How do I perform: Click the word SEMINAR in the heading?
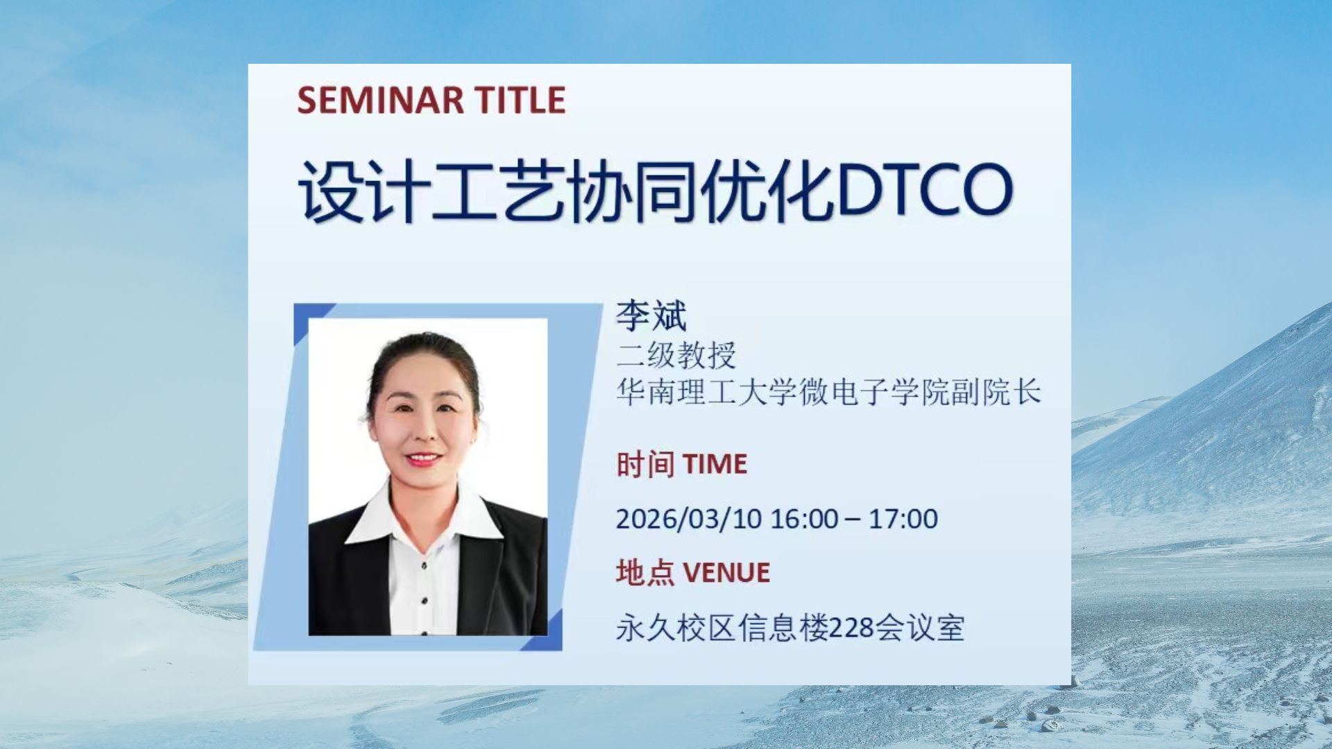click(380, 100)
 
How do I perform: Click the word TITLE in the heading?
click(520, 100)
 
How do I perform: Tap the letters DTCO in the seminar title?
click(925, 189)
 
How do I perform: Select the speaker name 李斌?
click(651, 316)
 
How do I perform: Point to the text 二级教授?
click(676, 355)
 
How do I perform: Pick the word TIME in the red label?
click(715, 464)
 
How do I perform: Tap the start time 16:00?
click(805, 519)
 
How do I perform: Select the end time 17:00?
click(903, 519)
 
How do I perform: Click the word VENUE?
click(726, 573)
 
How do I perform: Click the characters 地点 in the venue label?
click(644, 573)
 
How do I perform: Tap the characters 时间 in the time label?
click(644, 464)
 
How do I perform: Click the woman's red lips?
click(422, 459)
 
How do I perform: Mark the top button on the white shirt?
click(424, 566)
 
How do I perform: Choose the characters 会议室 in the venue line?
click(919, 628)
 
